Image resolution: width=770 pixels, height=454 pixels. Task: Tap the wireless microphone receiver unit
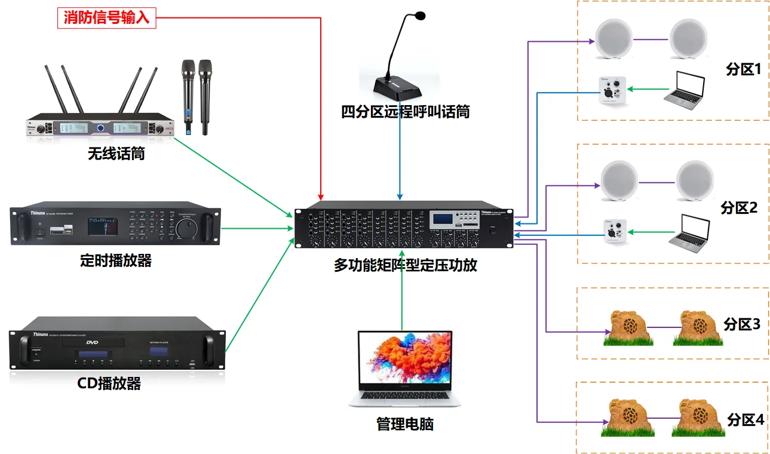pos(99,127)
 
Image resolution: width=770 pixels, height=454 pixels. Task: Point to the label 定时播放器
pos(116,260)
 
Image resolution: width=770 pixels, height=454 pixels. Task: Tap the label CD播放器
pos(109,383)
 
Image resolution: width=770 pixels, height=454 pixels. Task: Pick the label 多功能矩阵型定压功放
pos(406,265)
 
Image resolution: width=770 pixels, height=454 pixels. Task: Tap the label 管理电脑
pos(404,424)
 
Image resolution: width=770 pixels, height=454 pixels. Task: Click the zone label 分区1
pos(743,69)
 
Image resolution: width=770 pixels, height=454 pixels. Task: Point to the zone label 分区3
pos(741,324)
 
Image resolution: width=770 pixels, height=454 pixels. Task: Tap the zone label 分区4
pos(745,419)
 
